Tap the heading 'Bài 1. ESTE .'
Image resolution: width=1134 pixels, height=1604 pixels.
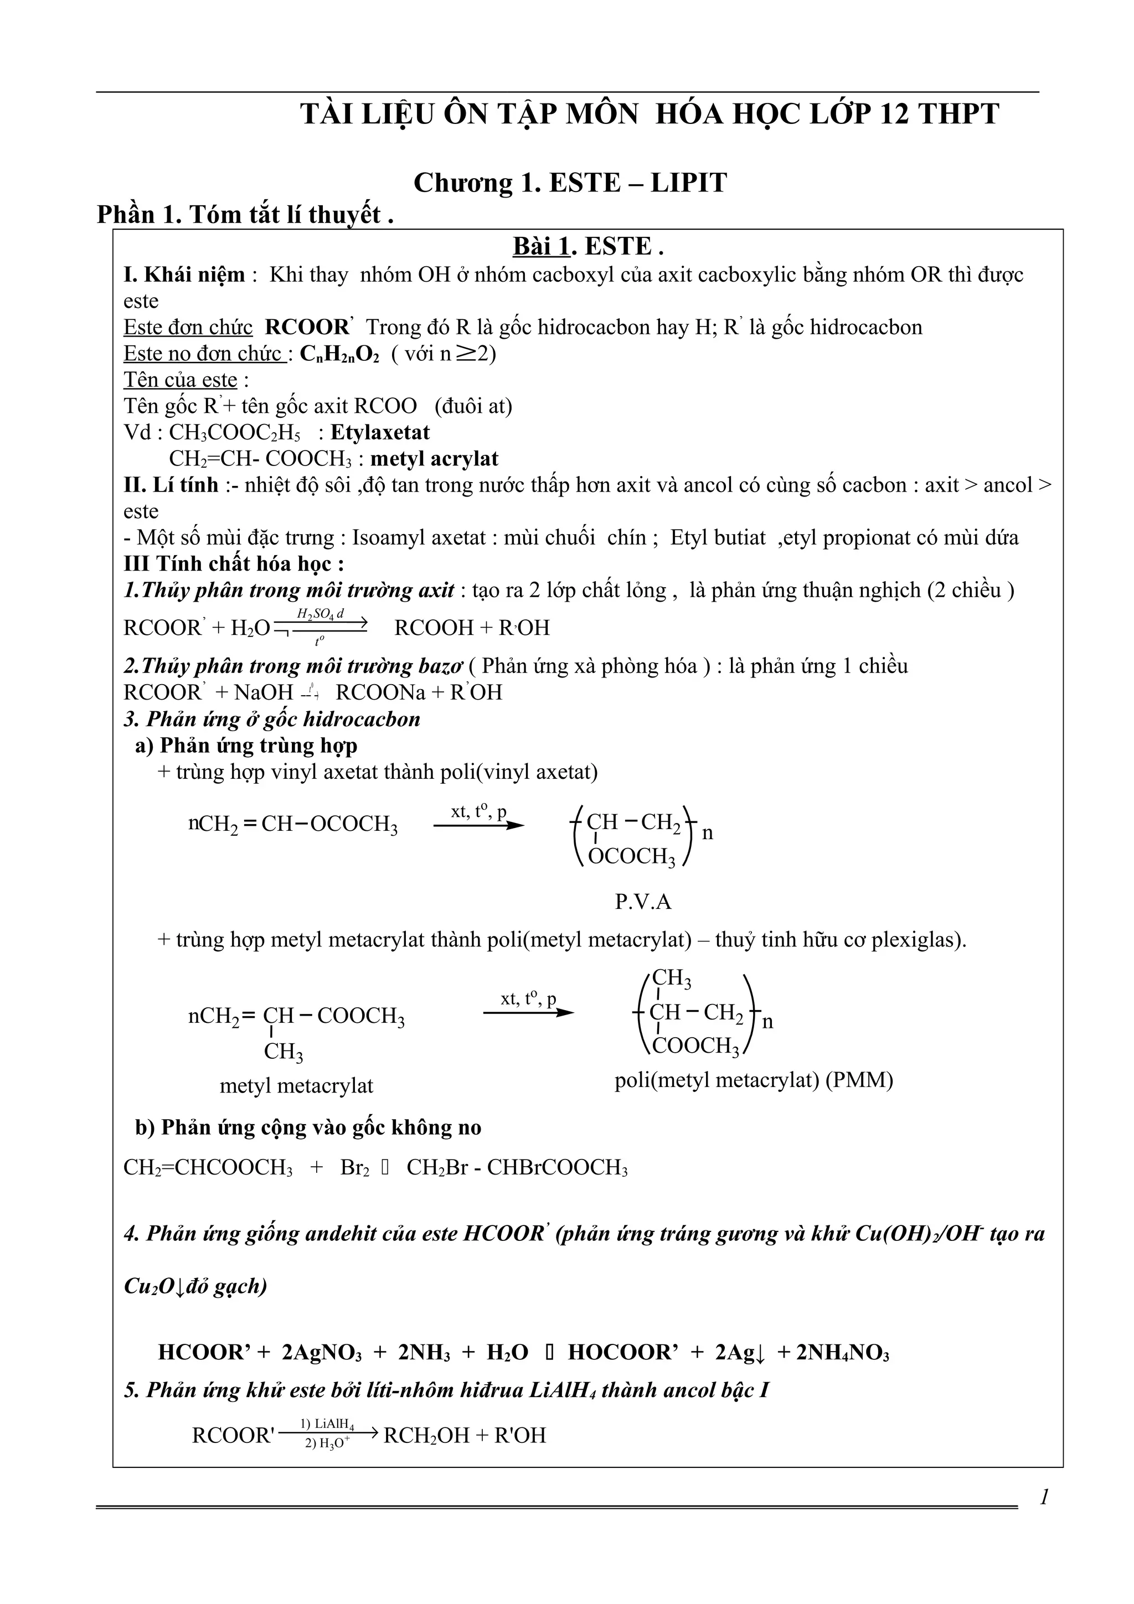587,247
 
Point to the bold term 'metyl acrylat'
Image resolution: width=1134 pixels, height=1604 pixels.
434,459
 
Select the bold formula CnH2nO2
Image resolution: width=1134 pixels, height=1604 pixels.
339,354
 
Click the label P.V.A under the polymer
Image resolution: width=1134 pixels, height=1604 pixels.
643,902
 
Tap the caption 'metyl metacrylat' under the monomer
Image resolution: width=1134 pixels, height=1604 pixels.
296,1085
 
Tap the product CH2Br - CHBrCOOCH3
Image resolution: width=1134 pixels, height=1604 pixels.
517,1167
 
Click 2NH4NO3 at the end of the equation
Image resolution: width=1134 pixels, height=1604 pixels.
843,1352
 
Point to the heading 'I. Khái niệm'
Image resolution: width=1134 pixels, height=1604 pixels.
184,275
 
